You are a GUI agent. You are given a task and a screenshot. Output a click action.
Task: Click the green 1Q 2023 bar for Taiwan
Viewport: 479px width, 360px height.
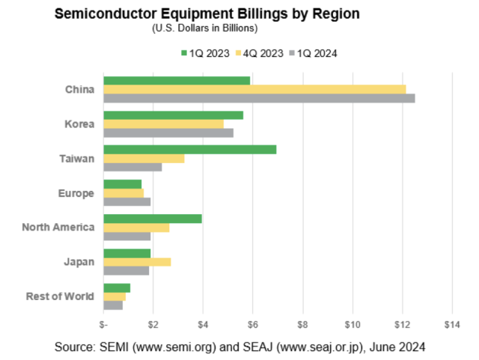[189, 150]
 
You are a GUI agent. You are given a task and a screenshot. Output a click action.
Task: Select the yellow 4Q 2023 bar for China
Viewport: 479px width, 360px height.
[254, 90]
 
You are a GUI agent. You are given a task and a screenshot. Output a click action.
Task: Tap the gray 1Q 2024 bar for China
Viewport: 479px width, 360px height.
[259, 98]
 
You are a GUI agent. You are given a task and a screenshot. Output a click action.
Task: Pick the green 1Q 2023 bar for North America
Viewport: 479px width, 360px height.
[152, 219]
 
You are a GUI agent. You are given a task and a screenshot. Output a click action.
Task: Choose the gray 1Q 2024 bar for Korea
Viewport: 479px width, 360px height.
[168, 132]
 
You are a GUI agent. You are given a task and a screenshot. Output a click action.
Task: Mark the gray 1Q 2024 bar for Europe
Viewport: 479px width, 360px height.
[126, 201]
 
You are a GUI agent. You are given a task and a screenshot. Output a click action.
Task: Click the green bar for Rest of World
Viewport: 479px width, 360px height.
[117, 288]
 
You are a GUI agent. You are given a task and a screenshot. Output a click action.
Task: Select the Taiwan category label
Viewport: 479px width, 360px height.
[77, 159]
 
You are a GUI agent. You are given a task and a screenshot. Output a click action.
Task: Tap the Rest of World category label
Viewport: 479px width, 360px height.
[60, 296]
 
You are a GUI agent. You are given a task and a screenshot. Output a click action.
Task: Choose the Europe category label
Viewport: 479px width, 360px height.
[76, 193]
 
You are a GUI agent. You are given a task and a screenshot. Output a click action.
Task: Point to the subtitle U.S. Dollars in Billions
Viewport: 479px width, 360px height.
[204, 28]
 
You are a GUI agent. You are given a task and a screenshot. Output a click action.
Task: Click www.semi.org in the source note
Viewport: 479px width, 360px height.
[160, 347]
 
